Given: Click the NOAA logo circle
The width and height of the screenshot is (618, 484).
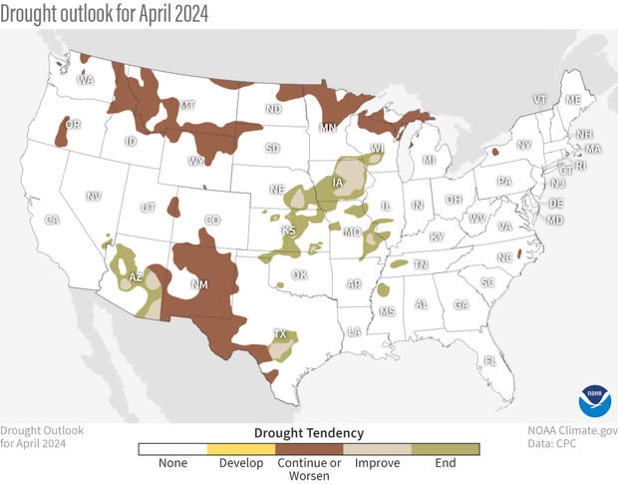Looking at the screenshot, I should (x=594, y=400).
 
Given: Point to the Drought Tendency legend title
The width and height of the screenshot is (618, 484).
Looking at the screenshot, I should (x=309, y=432).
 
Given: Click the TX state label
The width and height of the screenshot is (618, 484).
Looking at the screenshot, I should (x=281, y=334).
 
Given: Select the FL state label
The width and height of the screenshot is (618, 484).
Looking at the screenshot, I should (x=489, y=360).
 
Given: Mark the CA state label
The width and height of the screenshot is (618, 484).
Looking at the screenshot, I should (x=53, y=220).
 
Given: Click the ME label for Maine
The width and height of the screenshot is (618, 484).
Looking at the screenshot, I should (x=572, y=100).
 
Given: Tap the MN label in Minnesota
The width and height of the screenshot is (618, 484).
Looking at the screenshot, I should (x=327, y=128).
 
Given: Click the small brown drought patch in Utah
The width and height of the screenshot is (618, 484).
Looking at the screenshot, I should (x=173, y=207).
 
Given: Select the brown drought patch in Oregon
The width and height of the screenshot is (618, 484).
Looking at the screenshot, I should (x=69, y=129).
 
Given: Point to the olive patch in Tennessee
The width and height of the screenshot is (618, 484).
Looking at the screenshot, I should (x=399, y=265).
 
